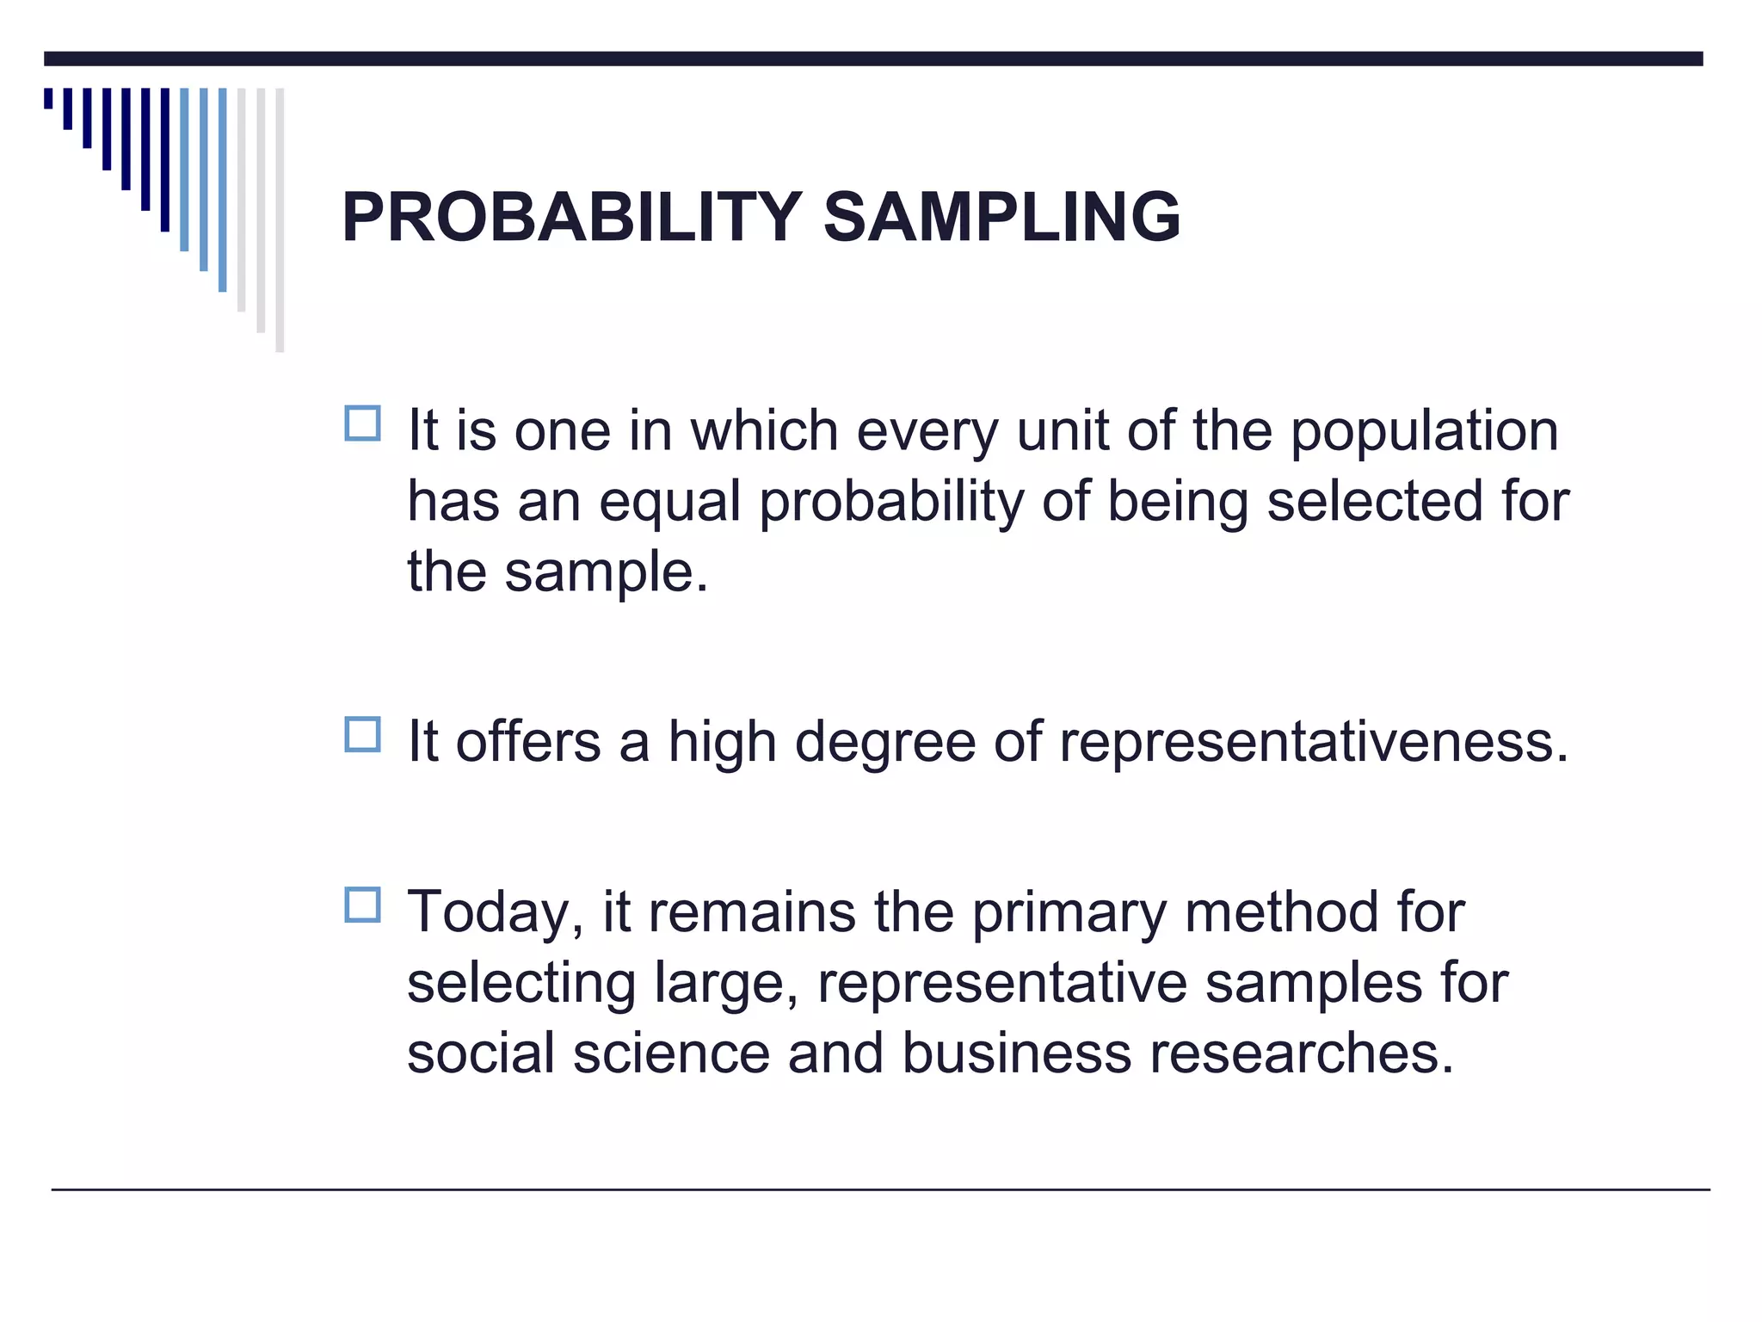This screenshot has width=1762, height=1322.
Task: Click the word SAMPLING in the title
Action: pos(1001,217)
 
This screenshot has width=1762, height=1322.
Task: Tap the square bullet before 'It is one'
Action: pos(362,423)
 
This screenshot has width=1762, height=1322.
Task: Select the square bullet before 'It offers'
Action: pos(362,735)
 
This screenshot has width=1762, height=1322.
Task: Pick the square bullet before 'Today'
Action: pos(362,905)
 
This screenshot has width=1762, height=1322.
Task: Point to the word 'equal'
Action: pos(669,503)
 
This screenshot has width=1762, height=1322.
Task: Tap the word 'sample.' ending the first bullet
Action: pos(607,573)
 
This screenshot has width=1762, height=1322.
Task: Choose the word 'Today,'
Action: pos(496,914)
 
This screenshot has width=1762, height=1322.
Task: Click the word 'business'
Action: pos(1016,1053)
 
